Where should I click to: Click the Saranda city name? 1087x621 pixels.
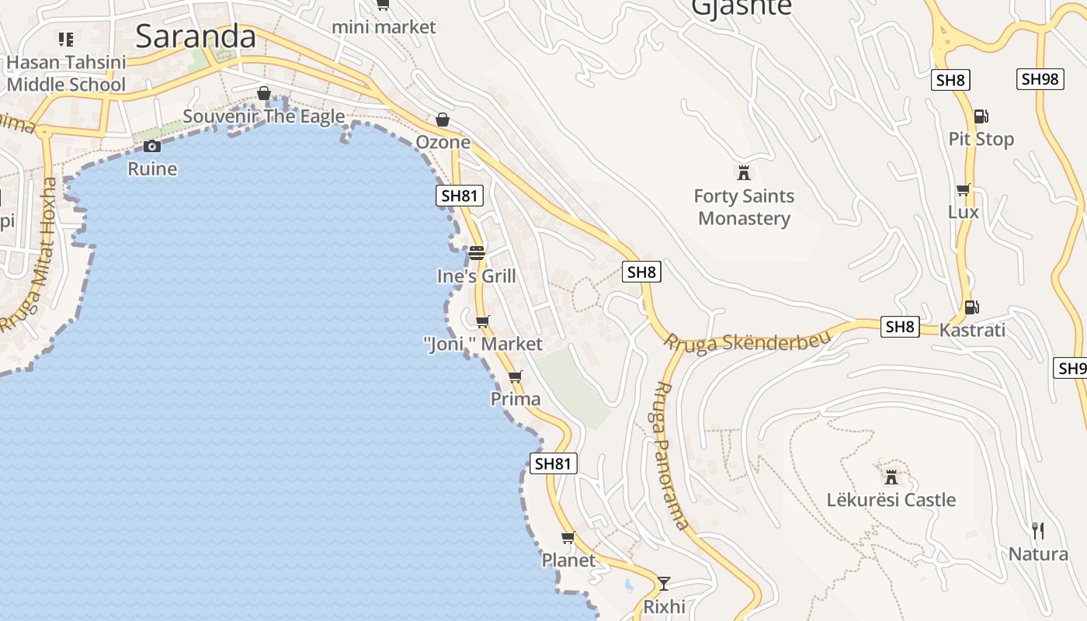coord(195,36)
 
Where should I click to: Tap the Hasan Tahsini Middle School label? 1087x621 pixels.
coord(66,73)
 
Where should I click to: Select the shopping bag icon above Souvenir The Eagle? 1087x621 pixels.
coord(264,94)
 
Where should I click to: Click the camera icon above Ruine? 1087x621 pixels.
coord(152,146)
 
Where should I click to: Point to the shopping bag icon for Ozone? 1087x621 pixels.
coord(443,120)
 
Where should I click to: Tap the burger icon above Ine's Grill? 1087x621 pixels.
coord(476,253)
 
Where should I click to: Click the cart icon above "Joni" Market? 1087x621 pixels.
coord(482,321)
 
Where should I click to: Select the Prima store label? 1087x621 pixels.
coord(516,399)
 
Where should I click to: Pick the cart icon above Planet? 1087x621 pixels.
coord(568,538)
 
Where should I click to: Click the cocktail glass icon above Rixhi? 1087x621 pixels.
coord(664,583)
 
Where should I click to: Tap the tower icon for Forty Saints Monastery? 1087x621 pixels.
coord(744,172)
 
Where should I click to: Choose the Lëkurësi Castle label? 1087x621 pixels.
coord(891,500)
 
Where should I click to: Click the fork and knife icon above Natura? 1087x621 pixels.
coord(1038,531)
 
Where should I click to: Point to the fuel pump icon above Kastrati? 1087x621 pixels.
coord(971,307)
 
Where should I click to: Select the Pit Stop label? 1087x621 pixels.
coord(981,140)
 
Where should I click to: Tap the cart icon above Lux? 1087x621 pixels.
coord(964,190)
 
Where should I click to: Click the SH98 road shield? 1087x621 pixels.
coord(1040,79)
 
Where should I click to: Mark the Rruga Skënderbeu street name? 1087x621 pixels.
coord(747,342)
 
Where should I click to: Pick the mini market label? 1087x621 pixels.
coord(384,27)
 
